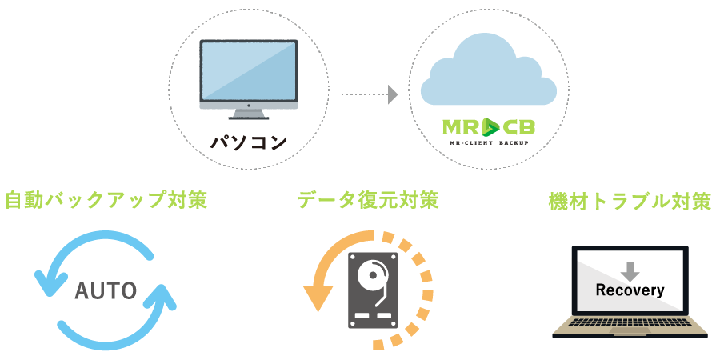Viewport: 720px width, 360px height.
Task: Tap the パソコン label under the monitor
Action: tap(248, 142)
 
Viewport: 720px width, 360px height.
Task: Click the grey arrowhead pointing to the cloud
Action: tap(393, 94)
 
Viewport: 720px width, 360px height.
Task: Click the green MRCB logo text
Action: tap(488, 126)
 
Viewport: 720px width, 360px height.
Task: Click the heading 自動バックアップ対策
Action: tap(106, 199)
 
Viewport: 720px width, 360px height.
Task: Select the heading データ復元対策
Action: tap(368, 199)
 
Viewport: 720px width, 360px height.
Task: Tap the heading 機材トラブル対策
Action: tap(630, 200)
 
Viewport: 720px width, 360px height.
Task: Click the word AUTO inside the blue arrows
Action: tap(106, 290)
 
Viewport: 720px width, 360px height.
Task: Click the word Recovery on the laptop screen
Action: tap(630, 290)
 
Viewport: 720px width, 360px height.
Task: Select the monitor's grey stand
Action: tap(248, 118)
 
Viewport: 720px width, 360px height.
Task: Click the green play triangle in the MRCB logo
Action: tap(490, 126)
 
